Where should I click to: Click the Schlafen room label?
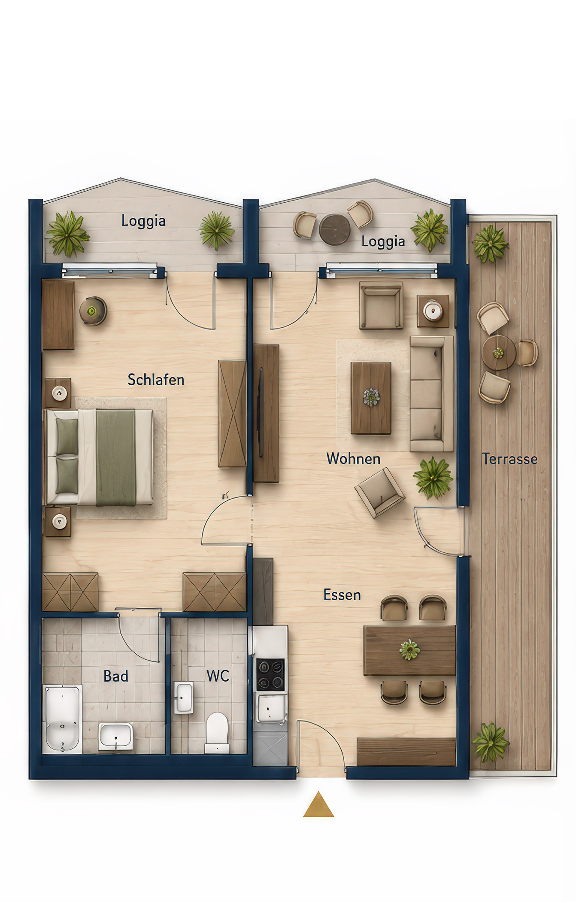[x=156, y=380]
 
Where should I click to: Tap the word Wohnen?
[x=353, y=459]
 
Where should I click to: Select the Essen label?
[x=342, y=595]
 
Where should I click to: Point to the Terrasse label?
[x=509, y=459]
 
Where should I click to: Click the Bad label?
[x=116, y=676]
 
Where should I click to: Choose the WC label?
[x=218, y=676]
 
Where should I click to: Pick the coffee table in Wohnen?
[x=371, y=398]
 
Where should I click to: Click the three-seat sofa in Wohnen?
[x=431, y=394]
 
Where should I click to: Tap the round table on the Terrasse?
[x=499, y=353]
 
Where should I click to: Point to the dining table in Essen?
[x=409, y=650]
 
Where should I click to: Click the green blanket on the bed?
[x=115, y=457]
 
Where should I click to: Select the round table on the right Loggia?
[x=335, y=229]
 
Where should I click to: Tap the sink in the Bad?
[x=115, y=736]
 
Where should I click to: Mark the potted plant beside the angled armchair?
[x=433, y=478]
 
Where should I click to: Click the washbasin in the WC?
[x=183, y=698]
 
